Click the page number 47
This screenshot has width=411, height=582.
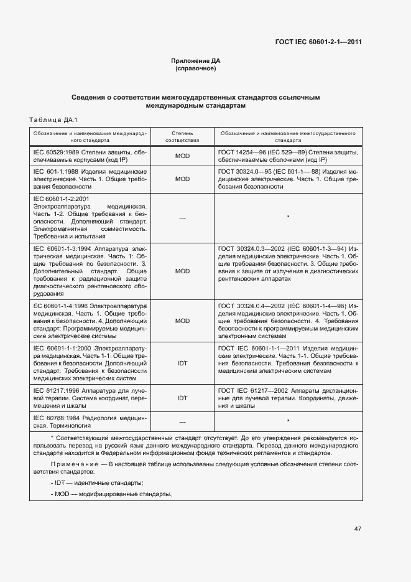(358, 529)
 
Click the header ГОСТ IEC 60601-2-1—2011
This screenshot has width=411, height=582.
(318, 42)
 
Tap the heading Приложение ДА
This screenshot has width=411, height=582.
(196, 61)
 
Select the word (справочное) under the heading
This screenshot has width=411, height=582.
(196, 68)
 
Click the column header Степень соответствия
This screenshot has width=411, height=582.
(182, 137)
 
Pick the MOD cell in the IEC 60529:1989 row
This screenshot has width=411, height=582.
(182, 156)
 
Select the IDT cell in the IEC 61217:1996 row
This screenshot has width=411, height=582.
(182, 397)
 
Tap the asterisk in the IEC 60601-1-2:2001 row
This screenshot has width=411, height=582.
(289, 217)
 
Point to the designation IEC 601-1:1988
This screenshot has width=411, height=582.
(56, 171)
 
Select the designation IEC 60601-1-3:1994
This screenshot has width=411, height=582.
(62, 248)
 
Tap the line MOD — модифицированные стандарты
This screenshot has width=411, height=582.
(111, 494)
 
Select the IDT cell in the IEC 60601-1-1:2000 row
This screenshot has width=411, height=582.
(182, 362)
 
